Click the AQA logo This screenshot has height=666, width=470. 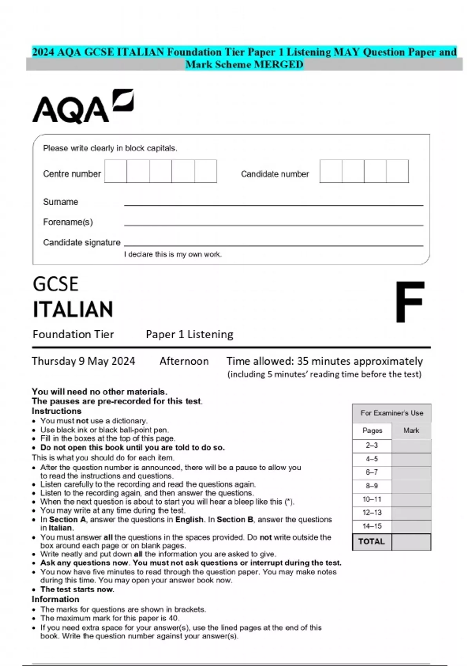click(x=83, y=107)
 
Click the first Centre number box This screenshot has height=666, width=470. click(x=116, y=171)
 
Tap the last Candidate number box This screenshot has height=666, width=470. click(x=397, y=171)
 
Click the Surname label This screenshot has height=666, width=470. click(x=61, y=202)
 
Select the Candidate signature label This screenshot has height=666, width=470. click(x=81, y=243)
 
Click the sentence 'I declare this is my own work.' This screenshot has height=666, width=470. click(x=173, y=254)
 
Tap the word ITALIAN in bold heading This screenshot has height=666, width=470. click(x=73, y=309)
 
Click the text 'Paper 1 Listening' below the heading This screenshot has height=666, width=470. click(x=190, y=334)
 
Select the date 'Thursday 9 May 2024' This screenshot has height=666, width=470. click(x=83, y=361)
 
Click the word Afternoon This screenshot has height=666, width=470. click(x=184, y=361)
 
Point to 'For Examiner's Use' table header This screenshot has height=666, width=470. click(x=392, y=413)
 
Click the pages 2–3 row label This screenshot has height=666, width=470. click(x=372, y=445)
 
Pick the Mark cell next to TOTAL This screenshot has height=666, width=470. click(x=411, y=542)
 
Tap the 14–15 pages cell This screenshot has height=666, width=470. click(x=372, y=526)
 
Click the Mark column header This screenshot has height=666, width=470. click(x=411, y=430)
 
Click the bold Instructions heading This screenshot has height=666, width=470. click(x=56, y=411)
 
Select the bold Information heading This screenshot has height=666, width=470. click(x=55, y=599)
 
